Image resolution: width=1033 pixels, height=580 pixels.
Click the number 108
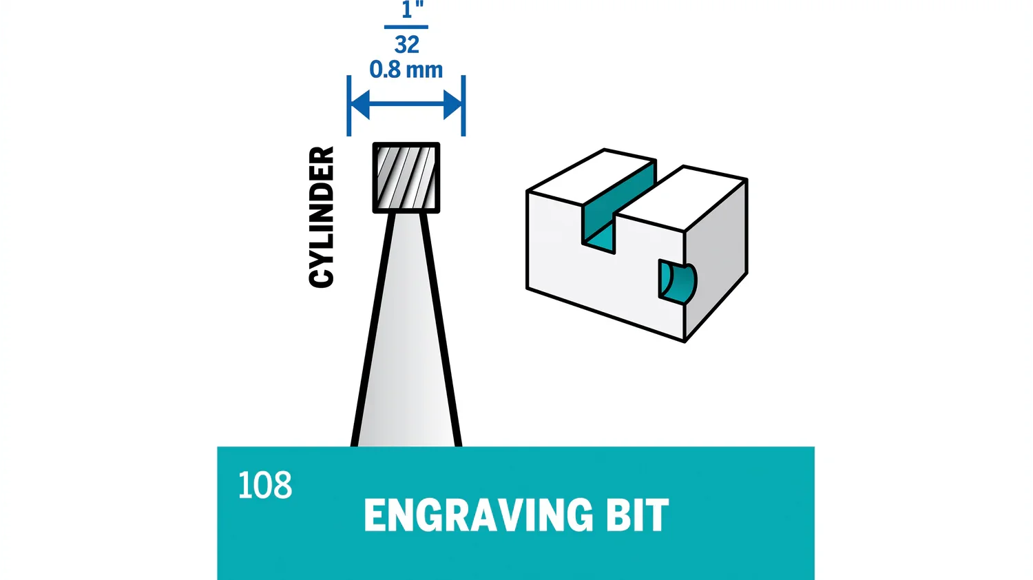(264, 486)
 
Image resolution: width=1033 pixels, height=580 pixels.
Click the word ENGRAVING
(478, 515)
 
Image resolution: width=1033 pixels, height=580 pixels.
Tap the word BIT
(637, 515)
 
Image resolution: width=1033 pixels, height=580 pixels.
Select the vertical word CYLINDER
(322, 216)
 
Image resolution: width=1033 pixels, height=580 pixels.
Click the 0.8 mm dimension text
(406, 70)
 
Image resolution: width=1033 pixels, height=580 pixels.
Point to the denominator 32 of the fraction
(406, 45)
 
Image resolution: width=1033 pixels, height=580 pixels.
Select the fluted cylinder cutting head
(406, 178)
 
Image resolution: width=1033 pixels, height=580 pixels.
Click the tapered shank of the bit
(406, 344)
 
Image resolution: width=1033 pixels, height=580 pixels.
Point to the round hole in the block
(677, 281)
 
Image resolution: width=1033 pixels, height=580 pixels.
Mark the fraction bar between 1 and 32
(406, 28)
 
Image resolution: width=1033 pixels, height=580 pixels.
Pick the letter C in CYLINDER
(322, 276)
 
